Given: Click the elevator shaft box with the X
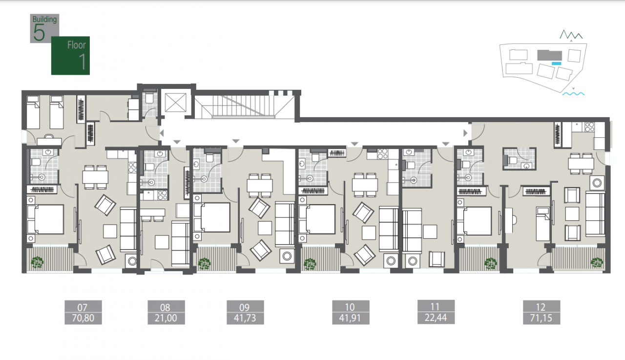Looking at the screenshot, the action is pos(175,103).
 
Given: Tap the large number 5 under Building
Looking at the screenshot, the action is pos(39,33).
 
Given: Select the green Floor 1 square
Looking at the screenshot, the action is pos(70,56).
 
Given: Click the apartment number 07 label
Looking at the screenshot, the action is pos(83,307).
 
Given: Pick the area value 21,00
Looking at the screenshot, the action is pos(166,318).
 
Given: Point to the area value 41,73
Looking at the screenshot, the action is pos(245,318).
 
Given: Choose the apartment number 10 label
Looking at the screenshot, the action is pos(350,307).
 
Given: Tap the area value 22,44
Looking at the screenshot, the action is pos(436,318).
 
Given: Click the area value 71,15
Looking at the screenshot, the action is pos(542,318).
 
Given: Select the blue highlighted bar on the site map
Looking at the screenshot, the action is pos(556,64).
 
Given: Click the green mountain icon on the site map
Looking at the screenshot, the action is pos(571,35).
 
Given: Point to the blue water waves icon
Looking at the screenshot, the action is pos(573,94).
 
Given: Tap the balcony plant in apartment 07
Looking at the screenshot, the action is pos(37,262).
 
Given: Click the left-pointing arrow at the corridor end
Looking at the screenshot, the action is pos(162,133).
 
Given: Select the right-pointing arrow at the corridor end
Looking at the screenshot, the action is pos(465,133).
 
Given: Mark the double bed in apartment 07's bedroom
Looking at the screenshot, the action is pos(45,219).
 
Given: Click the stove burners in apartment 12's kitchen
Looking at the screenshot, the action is pos(589,127).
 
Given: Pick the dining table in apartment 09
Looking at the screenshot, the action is pos(260,185).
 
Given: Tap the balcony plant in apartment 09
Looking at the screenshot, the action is pos(204,263).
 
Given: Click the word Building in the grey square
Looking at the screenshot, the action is pos(44,20).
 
